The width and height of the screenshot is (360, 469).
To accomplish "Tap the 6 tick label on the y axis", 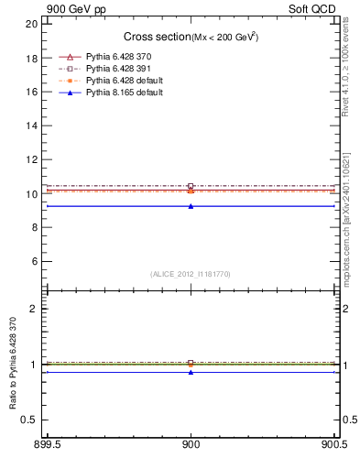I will [34, 261].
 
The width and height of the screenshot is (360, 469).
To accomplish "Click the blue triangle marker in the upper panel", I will [191, 206].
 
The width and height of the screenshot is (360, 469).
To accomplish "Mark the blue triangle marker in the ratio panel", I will [191, 372].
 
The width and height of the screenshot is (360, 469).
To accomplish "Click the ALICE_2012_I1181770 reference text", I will [191, 273].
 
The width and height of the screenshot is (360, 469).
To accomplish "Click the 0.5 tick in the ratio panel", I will [29, 420].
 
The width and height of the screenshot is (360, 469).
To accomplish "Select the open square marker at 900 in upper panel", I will [191, 186].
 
